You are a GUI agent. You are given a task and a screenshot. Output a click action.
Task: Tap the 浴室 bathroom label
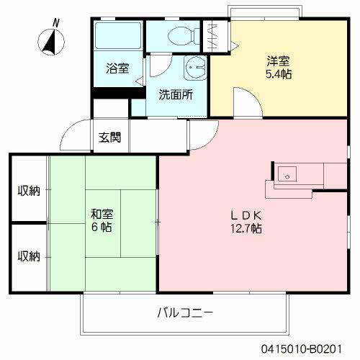(118, 69)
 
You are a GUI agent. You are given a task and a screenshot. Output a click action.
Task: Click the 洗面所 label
(175, 94)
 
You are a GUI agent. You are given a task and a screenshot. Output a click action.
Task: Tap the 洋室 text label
(276, 61)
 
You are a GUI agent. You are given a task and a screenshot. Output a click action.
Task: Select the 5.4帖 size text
(276, 75)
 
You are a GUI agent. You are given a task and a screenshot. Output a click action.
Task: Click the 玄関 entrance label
(110, 137)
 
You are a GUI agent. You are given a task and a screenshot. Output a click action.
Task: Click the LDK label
(246, 215)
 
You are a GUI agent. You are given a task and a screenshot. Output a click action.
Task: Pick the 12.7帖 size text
(246, 229)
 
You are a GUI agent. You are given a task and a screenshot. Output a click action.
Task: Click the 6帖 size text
(102, 227)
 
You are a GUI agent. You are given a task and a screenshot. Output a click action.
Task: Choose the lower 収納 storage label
(29, 256)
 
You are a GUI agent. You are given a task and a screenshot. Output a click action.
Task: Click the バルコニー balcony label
(185, 313)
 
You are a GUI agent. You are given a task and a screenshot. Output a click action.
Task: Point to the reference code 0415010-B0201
(311, 348)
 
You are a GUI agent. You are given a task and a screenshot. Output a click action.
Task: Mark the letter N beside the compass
(56, 21)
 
